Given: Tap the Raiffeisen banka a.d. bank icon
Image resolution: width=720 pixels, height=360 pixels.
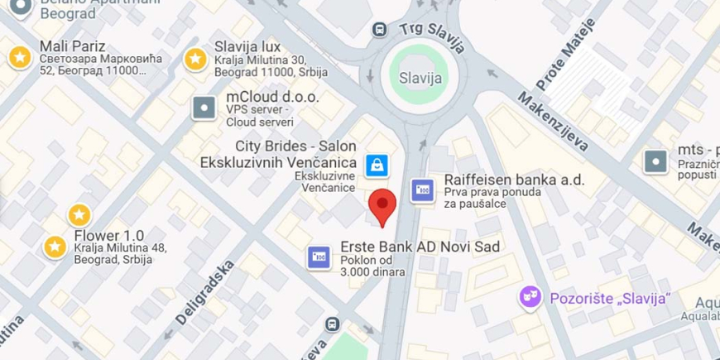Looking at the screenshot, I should click(x=422, y=190).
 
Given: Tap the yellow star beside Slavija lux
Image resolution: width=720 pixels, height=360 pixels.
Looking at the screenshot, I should click(x=194, y=59).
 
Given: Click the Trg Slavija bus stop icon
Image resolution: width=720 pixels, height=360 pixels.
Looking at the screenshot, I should click(x=379, y=29).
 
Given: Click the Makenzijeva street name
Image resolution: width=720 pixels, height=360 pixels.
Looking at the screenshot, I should click(x=552, y=122).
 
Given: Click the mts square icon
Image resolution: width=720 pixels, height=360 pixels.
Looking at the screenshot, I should click(x=657, y=161).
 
